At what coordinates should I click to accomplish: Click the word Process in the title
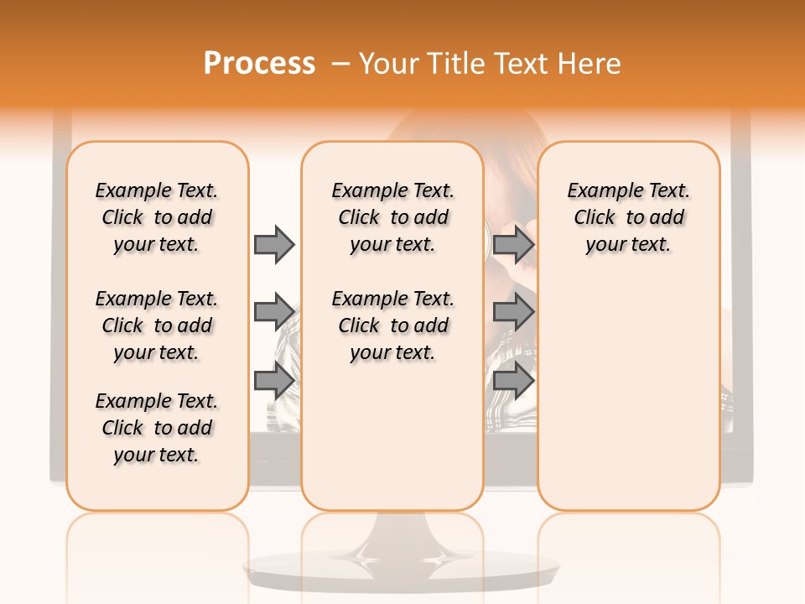(259, 64)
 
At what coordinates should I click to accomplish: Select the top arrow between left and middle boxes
(274, 244)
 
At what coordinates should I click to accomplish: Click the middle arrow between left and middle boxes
(274, 312)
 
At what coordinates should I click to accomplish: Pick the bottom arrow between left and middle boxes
(274, 381)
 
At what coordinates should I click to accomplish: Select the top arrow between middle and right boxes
(513, 244)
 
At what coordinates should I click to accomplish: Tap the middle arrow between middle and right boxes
(513, 312)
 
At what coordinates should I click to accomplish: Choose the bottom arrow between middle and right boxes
(513, 381)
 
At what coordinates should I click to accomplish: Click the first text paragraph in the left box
(157, 217)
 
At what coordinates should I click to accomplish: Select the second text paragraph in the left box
(157, 325)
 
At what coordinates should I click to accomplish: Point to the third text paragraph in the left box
(157, 428)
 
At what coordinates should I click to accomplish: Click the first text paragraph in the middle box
(392, 217)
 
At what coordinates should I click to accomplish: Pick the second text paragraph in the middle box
(392, 325)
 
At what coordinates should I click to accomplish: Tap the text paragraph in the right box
(628, 217)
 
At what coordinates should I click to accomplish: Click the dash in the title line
(340, 64)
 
